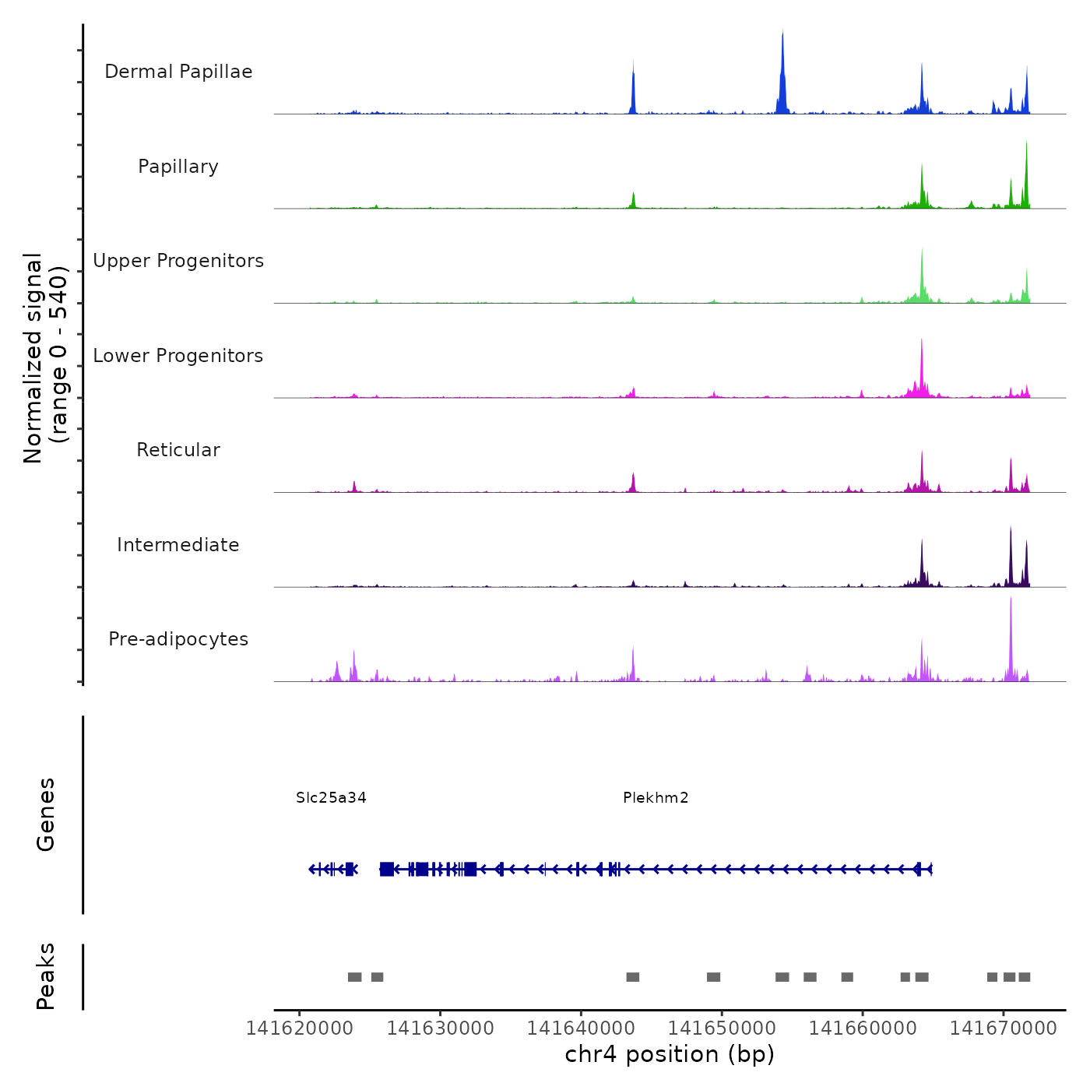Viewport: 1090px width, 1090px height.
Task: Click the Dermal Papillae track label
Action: (x=178, y=72)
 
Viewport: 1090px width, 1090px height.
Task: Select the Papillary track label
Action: (x=178, y=167)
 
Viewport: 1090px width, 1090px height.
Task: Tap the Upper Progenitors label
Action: (x=178, y=261)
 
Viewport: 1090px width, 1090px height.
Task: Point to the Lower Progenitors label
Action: (x=178, y=356)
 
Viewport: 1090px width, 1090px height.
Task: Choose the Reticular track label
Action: (x=178, y=450)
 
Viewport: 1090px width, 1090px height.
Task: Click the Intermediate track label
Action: (x=178, y=545)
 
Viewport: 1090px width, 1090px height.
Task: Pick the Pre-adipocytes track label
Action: (x=178, y=639)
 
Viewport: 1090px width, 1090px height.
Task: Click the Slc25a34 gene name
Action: (x=331, y=798)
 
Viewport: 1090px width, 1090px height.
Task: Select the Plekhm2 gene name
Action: (x=656, y=798)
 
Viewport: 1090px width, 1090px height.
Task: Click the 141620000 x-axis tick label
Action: (x=300, y=1028)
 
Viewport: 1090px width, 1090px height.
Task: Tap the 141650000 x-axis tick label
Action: (x=722, y=1028)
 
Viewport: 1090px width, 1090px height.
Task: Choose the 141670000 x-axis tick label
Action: (x=1003, y=1028)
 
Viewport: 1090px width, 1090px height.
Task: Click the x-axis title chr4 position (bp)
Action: (x=670, y=1054)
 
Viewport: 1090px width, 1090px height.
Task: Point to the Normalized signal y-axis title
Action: (x=45, y=358)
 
